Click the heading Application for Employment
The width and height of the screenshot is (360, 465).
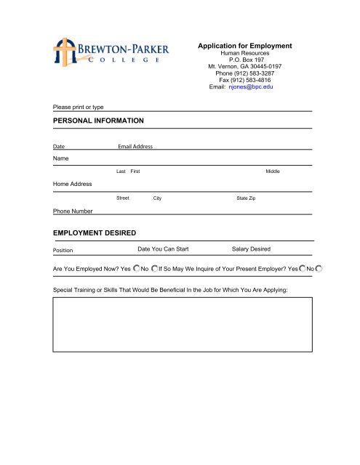[244, 46]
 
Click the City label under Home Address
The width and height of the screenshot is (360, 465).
[157, 198]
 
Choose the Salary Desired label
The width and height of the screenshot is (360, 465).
[251, 249]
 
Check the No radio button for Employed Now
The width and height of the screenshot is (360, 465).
[154, 270]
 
